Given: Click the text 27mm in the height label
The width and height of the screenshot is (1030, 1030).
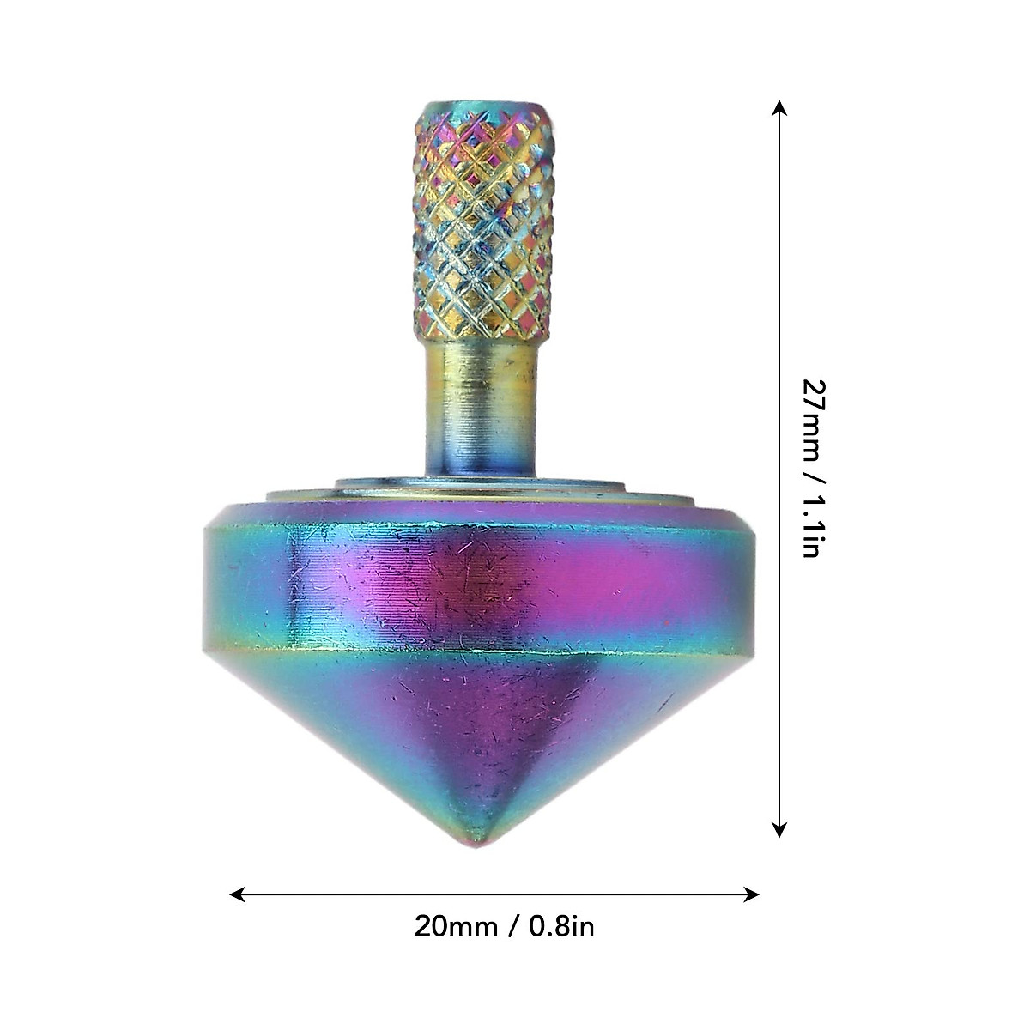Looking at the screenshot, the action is point(815,415).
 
